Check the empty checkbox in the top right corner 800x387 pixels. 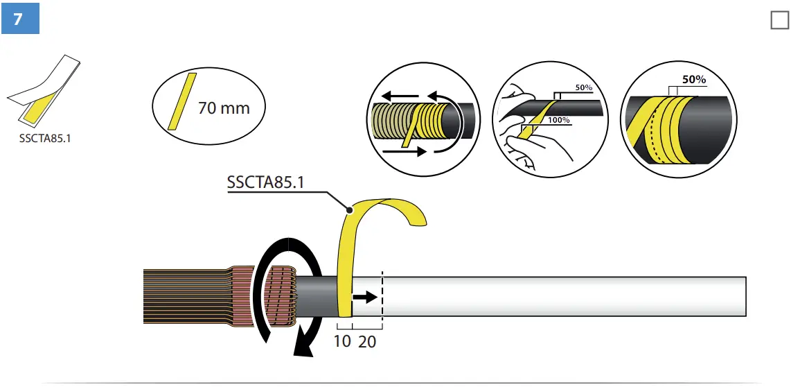(x=779, y=21)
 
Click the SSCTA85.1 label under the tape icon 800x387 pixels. (x=45, y=137)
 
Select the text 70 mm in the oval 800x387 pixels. (x=223, y=109)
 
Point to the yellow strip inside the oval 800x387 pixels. (x=182, y=101)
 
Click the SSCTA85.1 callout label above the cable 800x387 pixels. (x=266, y=182)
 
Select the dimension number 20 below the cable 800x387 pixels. (x=367, y=341)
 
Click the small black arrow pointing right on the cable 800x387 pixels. (x=365, y=298)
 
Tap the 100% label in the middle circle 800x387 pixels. (x=558, y=121)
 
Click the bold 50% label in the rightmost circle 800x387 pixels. (x=694, y=80)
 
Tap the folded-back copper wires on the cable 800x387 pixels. (x=282, y=297)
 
